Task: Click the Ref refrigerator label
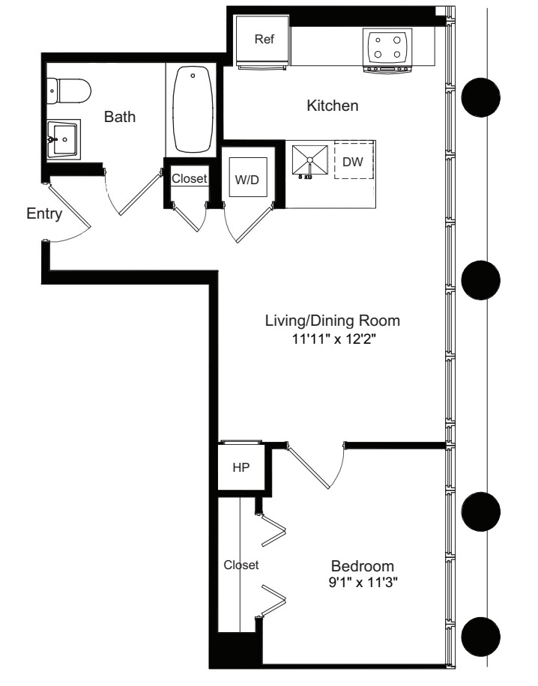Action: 264,40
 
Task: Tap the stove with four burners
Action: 387,50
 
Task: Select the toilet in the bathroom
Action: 68,91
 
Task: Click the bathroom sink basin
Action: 64,139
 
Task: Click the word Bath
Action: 119,117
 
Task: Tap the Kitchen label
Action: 332,106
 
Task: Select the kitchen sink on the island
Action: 310,160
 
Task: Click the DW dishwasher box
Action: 354,160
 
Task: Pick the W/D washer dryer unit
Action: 248,177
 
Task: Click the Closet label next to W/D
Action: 189,178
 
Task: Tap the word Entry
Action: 44,214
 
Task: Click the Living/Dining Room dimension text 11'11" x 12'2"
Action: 334,339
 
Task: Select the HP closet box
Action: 241,467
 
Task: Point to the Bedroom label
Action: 363,566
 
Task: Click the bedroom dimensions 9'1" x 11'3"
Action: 363,583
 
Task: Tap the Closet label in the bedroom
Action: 241,565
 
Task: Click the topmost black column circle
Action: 480,97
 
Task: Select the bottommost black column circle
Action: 480,637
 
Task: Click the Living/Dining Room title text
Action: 333,321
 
